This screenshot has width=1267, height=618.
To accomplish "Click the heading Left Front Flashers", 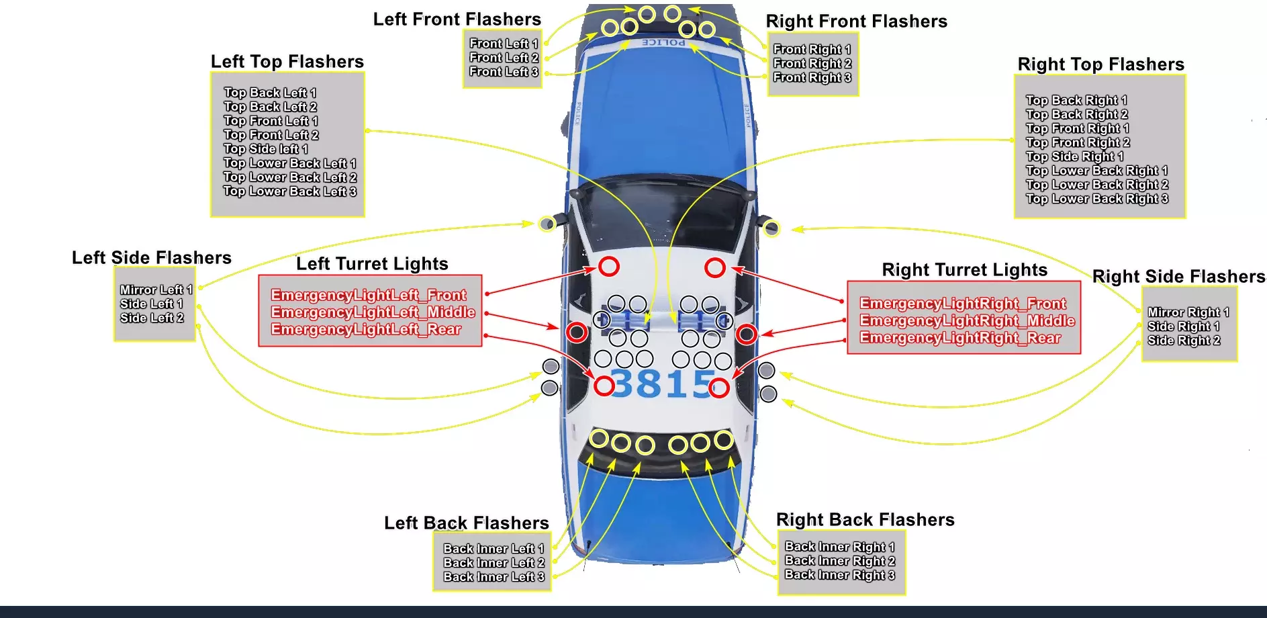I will (457, 19).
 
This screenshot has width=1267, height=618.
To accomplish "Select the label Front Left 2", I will (504, 58).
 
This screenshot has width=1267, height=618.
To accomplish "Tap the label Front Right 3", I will (812, 78).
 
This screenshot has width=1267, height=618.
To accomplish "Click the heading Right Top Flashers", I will (1100, 64).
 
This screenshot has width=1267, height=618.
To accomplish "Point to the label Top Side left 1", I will (265, 149).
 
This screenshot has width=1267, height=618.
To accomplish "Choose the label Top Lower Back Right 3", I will (1096, 199).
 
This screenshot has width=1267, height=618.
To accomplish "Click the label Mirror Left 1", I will (156, 290).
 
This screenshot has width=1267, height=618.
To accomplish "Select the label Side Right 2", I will (1183, 341).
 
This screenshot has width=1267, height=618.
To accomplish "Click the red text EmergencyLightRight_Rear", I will (959, 338).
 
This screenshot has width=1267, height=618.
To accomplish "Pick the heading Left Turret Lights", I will (372, 264).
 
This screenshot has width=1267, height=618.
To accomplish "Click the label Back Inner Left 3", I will (494, 577).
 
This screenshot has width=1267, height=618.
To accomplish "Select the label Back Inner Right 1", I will (839, 547).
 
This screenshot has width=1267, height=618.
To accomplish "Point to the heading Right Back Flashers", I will (865, 520).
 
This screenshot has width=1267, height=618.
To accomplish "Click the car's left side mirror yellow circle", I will (547, 224).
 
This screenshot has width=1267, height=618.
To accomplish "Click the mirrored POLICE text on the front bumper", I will (663, 42).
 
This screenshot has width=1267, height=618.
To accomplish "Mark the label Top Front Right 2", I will (1078, 142).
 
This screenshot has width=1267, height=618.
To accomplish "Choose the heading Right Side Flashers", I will (1178, 277).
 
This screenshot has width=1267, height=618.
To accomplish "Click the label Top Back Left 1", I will (269, 93).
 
